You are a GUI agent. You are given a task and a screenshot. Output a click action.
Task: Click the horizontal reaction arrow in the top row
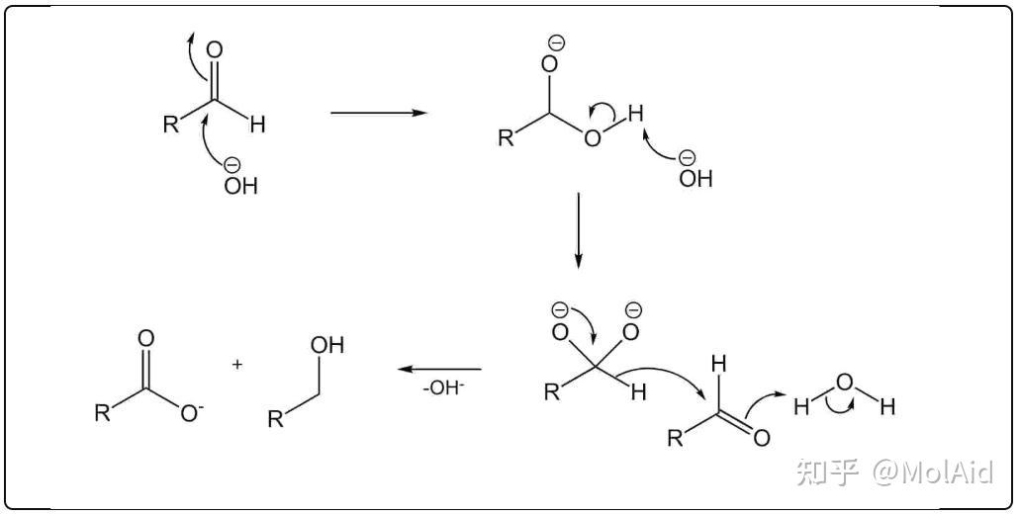point(378,113)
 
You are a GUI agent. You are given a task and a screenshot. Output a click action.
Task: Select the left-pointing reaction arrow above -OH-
point(439,369)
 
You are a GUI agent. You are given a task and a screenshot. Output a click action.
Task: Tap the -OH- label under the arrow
point(442,388)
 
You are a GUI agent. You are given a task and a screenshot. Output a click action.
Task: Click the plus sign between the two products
point(237,365)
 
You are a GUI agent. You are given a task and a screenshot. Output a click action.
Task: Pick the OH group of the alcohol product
point(326,346)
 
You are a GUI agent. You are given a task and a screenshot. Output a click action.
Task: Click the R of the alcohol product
point(276,419)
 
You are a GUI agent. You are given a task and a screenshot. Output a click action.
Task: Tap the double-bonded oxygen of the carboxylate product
point(146,338)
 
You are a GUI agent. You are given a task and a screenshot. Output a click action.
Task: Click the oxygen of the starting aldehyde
point(215,50)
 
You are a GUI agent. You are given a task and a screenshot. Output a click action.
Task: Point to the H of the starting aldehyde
point(257,126)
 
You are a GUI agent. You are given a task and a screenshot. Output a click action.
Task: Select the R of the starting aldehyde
point(171,126)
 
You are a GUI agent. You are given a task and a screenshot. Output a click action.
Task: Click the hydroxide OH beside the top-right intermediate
point(695,179)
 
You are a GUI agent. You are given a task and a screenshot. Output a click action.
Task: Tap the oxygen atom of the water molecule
point(845,382)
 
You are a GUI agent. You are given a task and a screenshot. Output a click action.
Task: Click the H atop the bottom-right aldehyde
point(719,365)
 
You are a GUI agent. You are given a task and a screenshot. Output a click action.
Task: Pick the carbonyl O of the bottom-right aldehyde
point(761,438)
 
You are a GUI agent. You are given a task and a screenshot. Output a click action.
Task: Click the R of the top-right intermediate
point(507,137)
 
